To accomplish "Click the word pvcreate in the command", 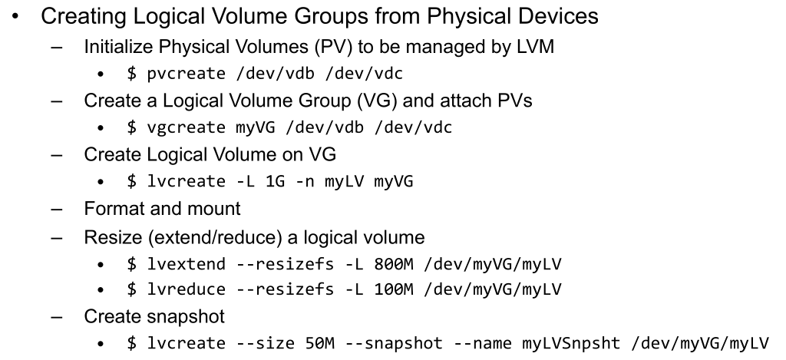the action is (x=186, y=74).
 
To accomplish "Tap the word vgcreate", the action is (x=186, y=127).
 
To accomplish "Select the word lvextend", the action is (x=186, y=264).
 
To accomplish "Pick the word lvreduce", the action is (x=186, y=289).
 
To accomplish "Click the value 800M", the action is (x=394, y=264).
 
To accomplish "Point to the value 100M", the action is (x=394, y=289).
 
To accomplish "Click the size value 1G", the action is (x=276, y=181).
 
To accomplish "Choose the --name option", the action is (x=482, y=343).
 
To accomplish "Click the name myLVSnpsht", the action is (x=571, y=343).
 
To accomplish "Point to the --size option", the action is (x=265, y=343).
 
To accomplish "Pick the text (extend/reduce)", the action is (x=216, y=237).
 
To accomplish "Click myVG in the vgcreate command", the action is (x=256, y=128).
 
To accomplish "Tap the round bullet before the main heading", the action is (x=15, y=17).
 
